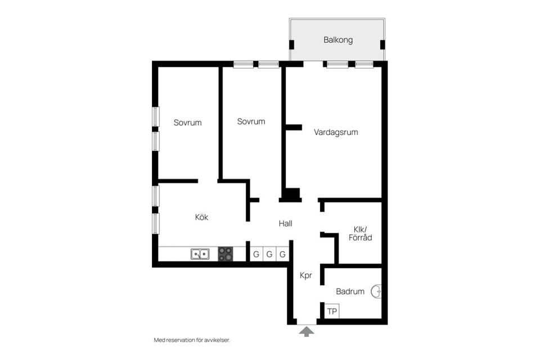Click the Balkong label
(x=338, y=40)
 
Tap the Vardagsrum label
(x=336, y=132)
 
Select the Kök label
(x=201, y=217)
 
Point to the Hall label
(x=286, y=223)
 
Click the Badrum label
(x=350, y=291)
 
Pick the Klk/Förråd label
(x=360, y=233)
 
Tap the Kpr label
(x=306, y=275)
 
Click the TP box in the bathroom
(x=332, y=311)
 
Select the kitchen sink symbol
(x=200, y=254)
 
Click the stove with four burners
(x=226, y=254)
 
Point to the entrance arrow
(x=307, y=332)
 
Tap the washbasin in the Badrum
(x=376, y=291)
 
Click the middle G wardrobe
(x=269, y=254)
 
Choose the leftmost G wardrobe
(x=256, y=254)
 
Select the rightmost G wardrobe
(x=282, y=254)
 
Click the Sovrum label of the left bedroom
(x=187, y=123)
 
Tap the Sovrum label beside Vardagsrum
(x=251, y=121)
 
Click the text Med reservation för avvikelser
(x=192, y=340)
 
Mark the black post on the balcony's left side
(x=291, y=45)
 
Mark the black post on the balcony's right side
(x=382, y=45)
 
